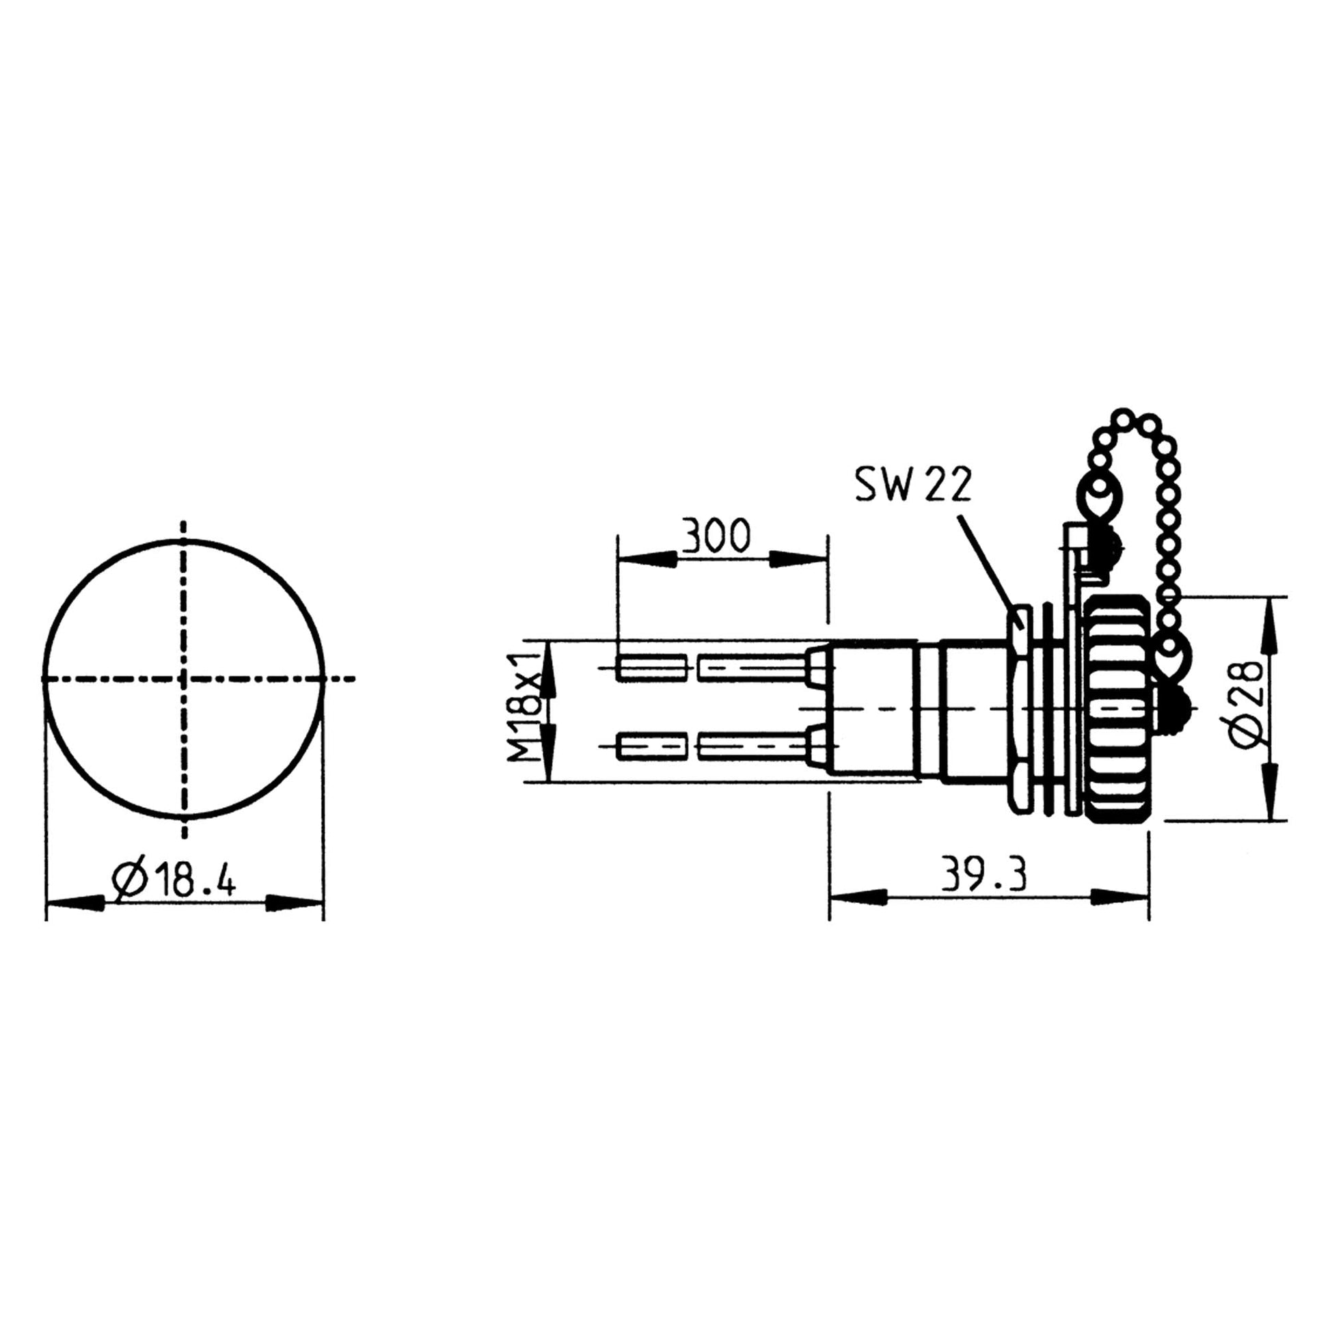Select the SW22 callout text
point(913,485)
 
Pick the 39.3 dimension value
point(984,875)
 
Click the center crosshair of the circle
point(183,679)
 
